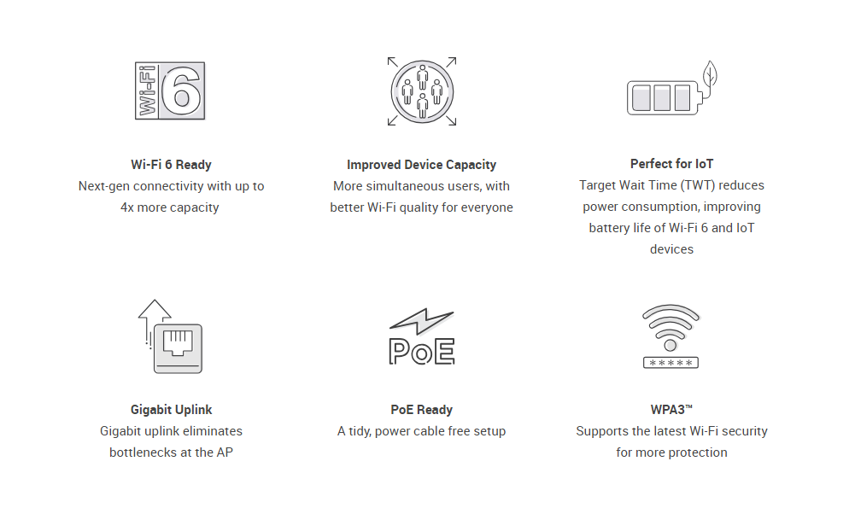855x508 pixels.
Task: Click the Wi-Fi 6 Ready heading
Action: click(171, 165)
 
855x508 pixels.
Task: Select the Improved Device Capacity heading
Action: click(421, 165)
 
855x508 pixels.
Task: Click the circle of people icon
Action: click(422, 91)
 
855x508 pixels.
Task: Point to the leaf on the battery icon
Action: click(710, 73)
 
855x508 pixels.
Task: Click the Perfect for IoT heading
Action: click(671, 164)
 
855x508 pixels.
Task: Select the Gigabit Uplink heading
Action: click(171, 410)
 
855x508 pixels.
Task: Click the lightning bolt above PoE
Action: click(420, 321)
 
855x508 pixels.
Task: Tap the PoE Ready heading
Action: click(421, 410)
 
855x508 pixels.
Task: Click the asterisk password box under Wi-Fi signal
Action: click(671, 363)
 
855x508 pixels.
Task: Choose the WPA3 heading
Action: click(671, 410)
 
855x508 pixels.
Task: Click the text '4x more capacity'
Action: click(170, 207)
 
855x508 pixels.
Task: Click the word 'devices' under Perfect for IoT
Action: click(671, 249)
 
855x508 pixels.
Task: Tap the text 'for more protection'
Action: click(671, 453)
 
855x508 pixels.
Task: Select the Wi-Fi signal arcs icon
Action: click(671, 327)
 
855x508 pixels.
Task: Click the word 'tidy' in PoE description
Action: click(360, 431)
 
